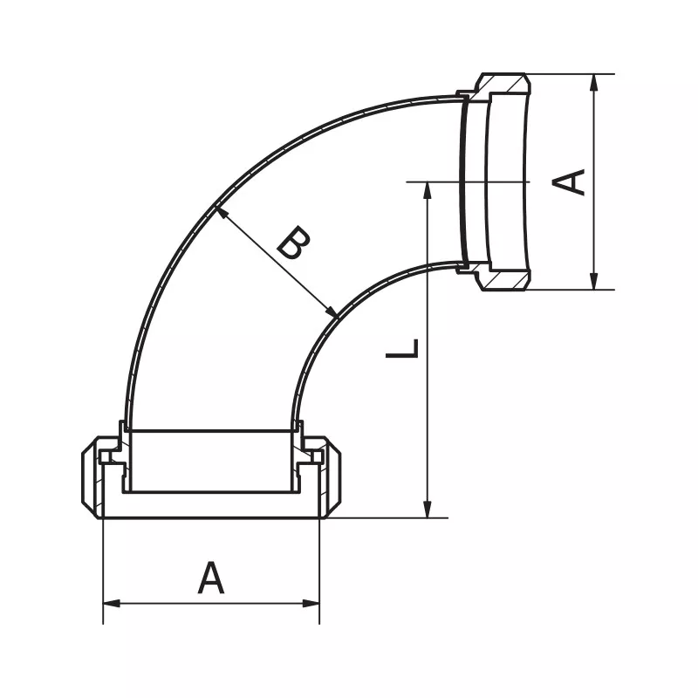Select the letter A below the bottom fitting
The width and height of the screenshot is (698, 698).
210,578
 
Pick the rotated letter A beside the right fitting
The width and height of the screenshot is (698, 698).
571,181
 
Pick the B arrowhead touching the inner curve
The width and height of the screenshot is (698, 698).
332,312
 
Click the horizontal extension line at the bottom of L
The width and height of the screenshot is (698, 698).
393,517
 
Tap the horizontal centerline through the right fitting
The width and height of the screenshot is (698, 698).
471,181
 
